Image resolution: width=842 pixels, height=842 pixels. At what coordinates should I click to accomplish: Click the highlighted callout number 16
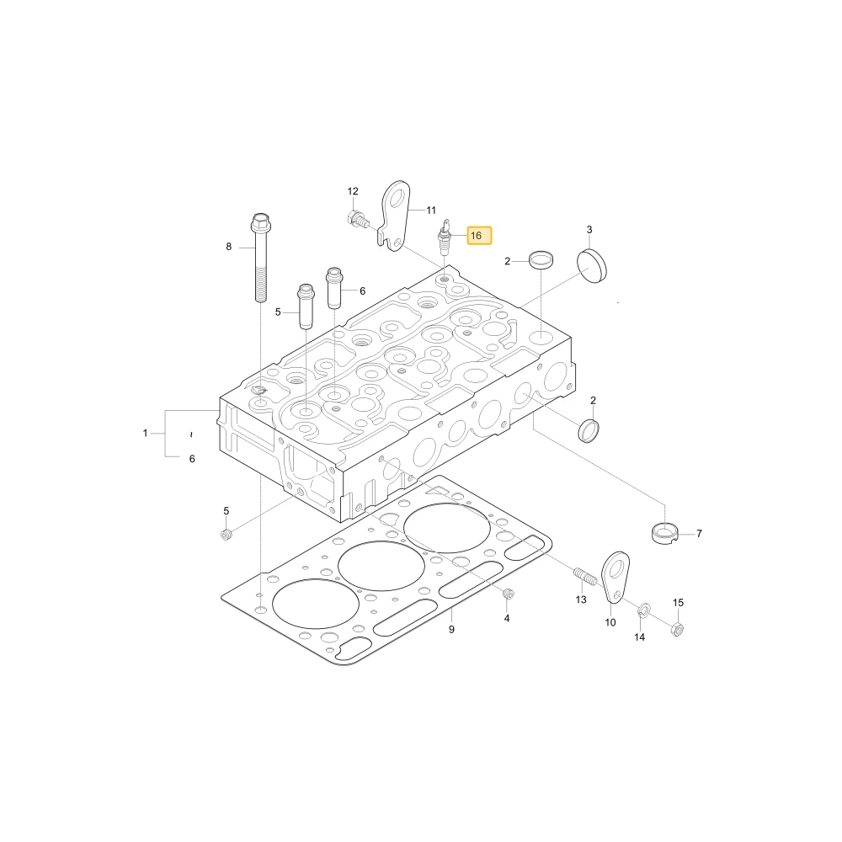(x=477, y=236)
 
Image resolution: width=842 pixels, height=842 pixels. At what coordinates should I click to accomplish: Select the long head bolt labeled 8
(x=260, y=258)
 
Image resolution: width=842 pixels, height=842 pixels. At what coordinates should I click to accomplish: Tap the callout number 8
(x=229, y=247)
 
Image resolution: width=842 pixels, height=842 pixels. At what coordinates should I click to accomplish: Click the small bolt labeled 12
(x=359, y=219)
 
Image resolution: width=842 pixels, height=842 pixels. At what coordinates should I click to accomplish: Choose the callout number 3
(x=589, y=230)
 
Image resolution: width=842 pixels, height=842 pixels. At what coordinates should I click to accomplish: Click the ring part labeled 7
(x=665, y=532)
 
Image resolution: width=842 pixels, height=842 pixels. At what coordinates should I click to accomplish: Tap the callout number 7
(x=699, y=533)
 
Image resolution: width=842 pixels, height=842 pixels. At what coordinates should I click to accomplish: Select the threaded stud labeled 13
(x=585, y=578)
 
